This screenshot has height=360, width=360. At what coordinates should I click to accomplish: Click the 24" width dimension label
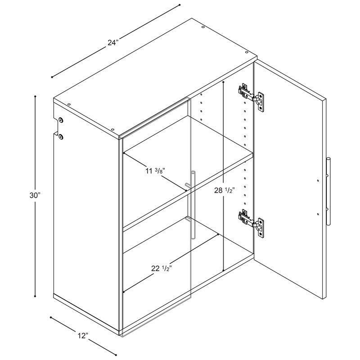[x=113, y=42]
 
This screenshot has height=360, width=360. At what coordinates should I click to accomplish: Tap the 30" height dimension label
[x=35, y=195]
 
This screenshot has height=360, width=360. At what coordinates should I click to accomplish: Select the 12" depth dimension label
[x=83, y=336]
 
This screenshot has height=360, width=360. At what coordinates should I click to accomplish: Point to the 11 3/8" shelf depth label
[x=155, y=171]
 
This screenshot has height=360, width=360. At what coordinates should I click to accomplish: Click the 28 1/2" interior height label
[x=224, y=190]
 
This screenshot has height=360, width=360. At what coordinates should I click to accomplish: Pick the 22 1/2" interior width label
[x=162, y=268]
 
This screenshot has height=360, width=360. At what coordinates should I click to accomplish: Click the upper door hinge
[x=251, y=97]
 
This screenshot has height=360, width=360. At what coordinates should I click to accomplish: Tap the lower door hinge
[x=251, y=223]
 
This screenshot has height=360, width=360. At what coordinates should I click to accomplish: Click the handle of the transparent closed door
[x=193, y=204]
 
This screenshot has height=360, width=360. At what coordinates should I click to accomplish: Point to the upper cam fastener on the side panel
[x=61, y=120]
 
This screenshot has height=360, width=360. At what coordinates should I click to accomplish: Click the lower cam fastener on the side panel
[x=61, y=137]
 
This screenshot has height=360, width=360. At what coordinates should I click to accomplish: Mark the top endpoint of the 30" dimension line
[x=35, y=96]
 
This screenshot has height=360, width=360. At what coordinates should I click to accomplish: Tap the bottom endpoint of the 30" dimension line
[x=35, y=296]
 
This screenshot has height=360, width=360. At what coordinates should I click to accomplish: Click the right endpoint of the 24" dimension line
[x=180, y=4]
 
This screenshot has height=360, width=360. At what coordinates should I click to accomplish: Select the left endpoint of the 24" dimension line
[x=52, y=77]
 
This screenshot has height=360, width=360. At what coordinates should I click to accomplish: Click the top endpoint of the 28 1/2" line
[x=223, y=81]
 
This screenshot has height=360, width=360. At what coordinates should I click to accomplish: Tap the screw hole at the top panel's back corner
[x=203, y=27]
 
